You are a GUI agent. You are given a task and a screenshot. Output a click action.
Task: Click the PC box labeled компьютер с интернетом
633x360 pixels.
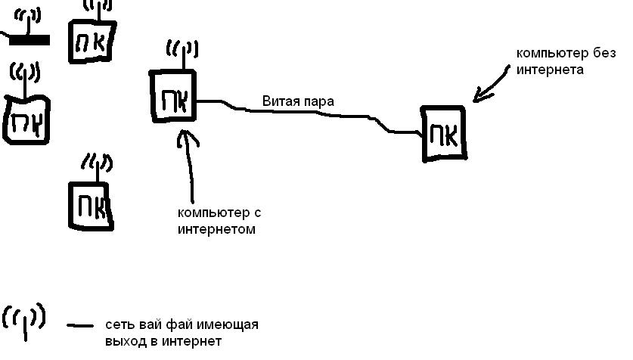pos(174,96)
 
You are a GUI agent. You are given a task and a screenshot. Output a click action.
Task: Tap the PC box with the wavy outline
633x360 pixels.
pos(26,119)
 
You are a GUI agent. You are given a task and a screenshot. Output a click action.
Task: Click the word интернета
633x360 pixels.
pos(550,70)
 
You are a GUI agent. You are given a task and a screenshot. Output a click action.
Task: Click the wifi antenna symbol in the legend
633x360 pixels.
pos(24,319)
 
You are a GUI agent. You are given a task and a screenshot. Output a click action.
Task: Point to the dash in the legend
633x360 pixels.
pos(80,326)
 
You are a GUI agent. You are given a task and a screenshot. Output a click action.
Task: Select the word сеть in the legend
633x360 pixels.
pos(119,325)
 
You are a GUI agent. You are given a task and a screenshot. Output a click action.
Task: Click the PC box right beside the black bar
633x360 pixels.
pos(92,42)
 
